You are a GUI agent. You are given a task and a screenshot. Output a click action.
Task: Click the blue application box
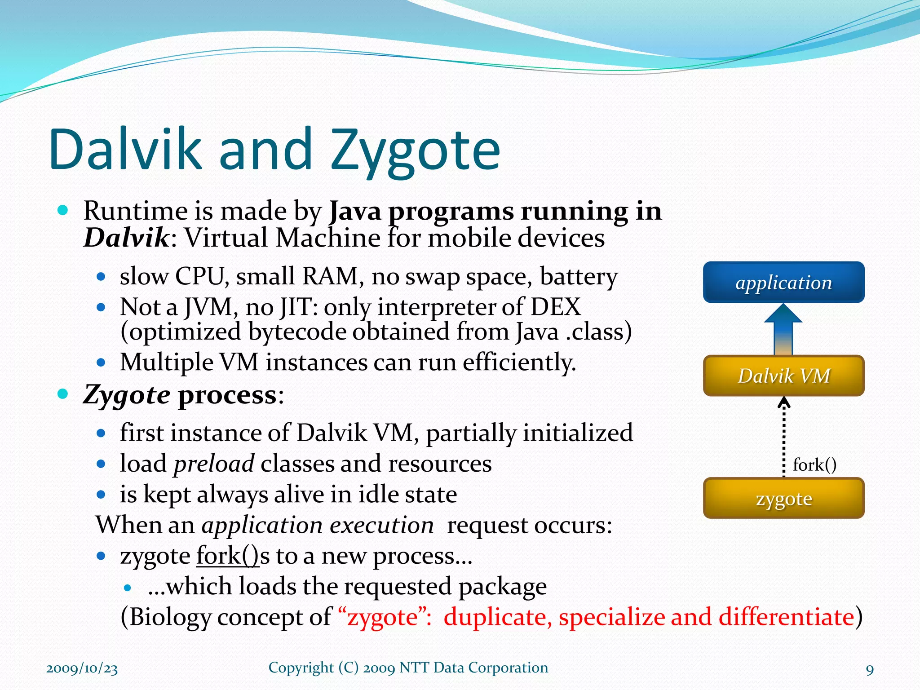(x=783, y=282)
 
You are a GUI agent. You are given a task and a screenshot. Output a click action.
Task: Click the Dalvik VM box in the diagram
(x=783, y=376)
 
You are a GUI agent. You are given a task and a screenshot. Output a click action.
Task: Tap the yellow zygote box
(x=783, y=498)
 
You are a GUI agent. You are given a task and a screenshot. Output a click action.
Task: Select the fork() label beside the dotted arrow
(x=814, y=464)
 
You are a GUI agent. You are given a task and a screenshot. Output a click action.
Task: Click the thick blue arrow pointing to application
(x=783, y=330)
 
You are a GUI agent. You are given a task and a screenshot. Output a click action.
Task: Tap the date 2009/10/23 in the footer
(x=82, y=668)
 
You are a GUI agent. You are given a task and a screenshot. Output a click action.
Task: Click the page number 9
(x=870, y=670)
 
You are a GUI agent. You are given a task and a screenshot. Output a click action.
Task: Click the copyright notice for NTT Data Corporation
(x=408, y=668)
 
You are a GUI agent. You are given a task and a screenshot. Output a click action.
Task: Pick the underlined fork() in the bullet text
(x=227, y=556)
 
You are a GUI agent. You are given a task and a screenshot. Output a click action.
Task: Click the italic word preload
(x=214, y=464)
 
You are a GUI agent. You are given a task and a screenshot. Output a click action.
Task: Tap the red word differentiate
(x=786, y=616)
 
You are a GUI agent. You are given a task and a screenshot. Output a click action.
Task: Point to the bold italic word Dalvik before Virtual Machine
(x=126, y=238)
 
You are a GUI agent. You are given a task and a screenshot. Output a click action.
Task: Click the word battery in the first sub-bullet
(x=579, y=276)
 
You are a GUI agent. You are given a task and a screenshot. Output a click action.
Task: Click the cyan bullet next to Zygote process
(x=63, y=394)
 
